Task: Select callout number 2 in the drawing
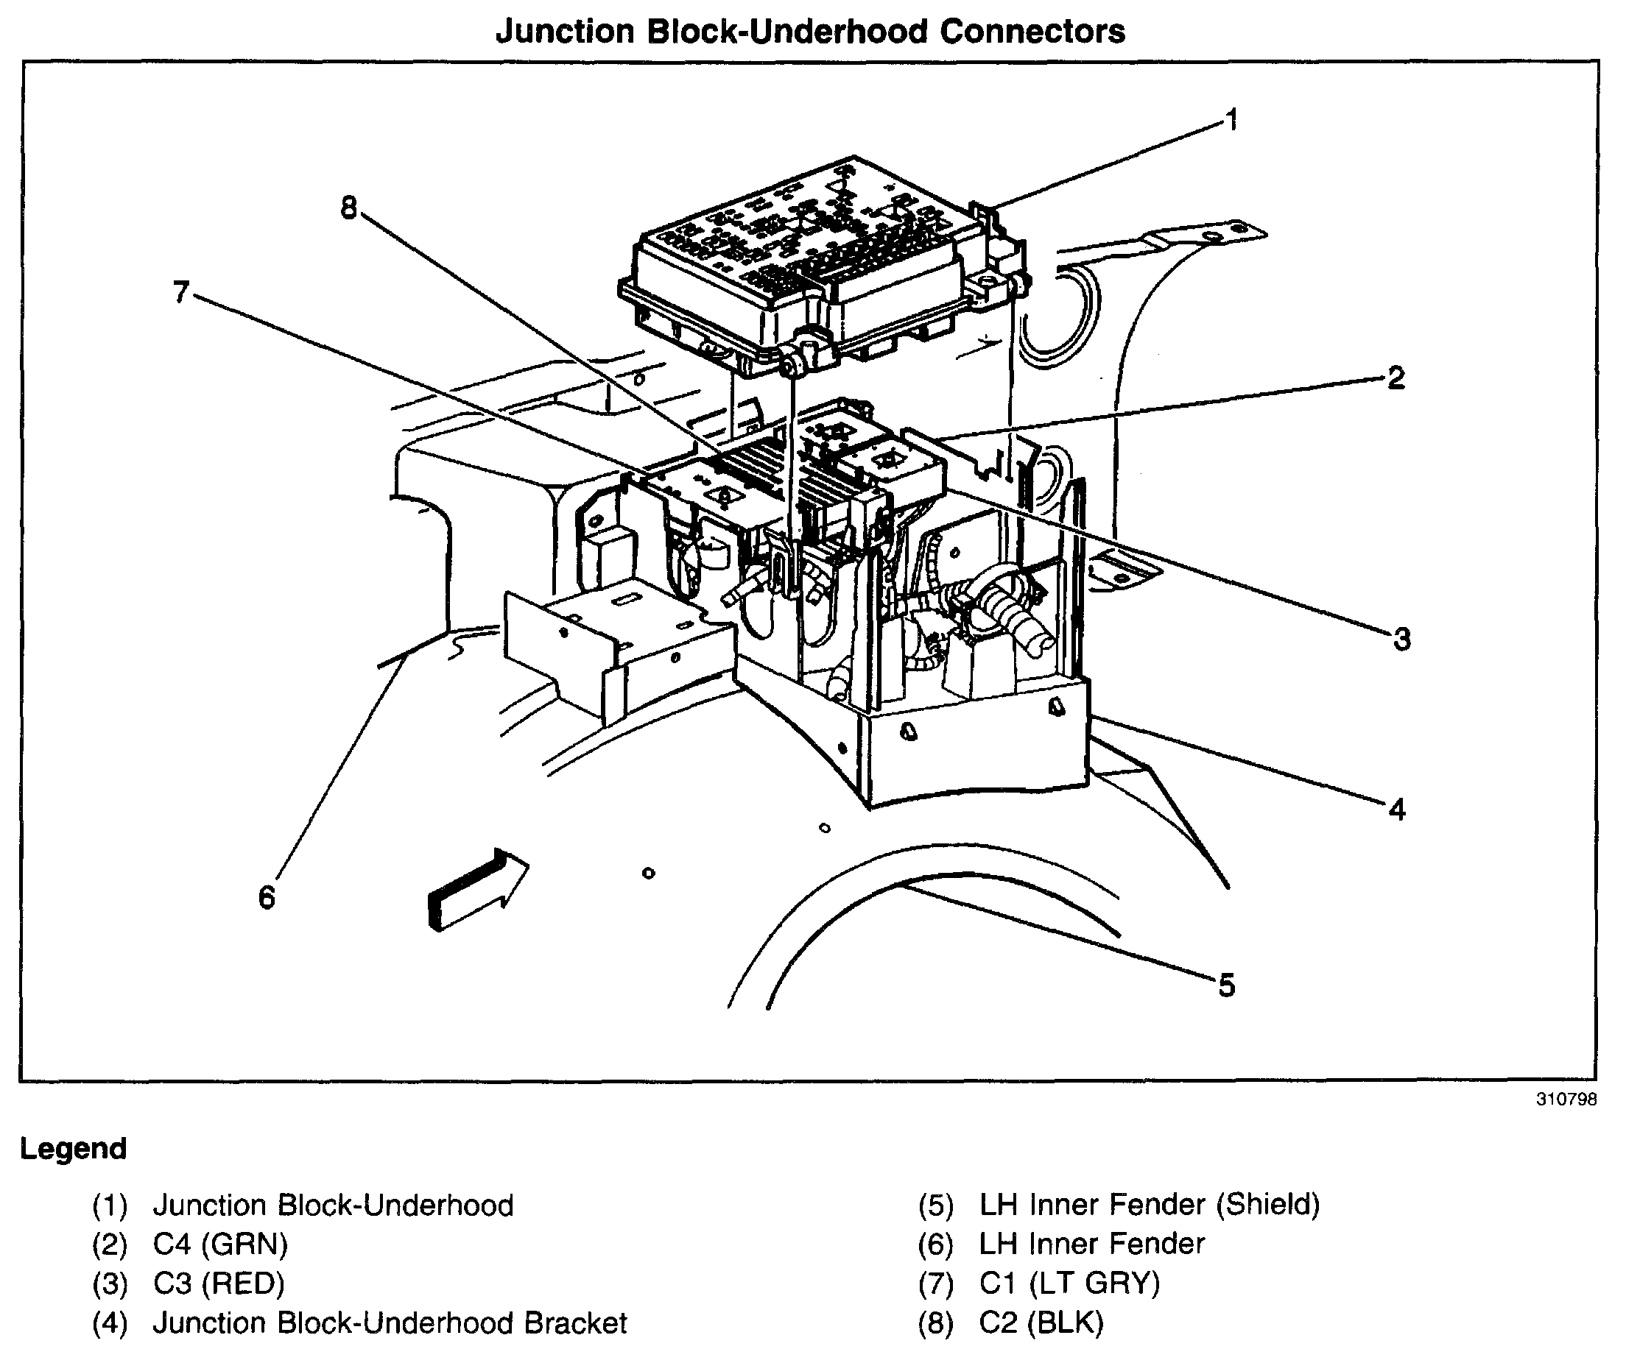point(1396,378)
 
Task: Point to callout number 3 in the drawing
point(1401,640)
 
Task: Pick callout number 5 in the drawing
point(1226,985)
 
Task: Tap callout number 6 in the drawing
point(267,898)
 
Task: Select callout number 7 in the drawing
point(181,293)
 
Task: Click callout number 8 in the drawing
point(349,208)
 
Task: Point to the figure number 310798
point(1566,1100)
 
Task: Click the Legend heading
point(74,1149)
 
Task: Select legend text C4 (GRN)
point(221,1244)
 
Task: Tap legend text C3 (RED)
point(219,1284)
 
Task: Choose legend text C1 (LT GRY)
point(1069,1284)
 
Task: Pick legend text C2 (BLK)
point(1041,1323)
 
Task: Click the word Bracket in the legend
point(575,1323)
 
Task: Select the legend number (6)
point(935,1244)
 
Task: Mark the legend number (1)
point(109,1205)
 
